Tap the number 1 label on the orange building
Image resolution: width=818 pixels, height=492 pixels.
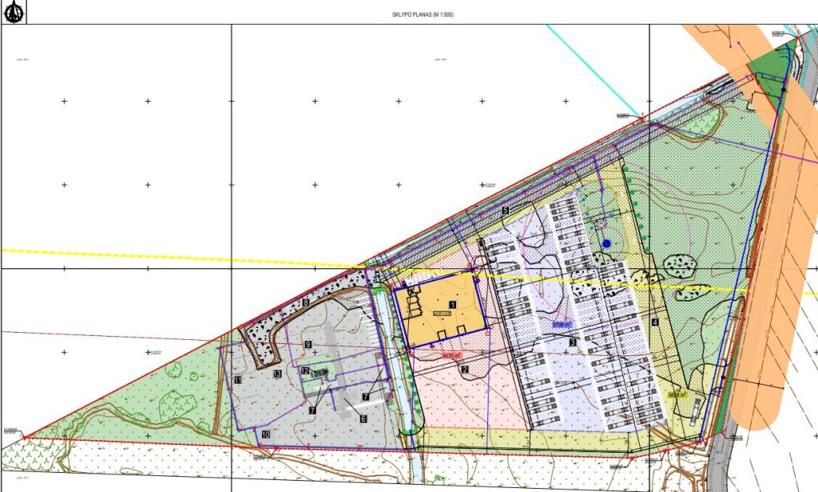coord(452,305)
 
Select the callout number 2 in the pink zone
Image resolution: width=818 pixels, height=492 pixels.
coord(464,370)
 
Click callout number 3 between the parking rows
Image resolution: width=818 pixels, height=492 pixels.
coord(572,342)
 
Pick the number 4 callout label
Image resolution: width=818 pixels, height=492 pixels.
coord(654,323)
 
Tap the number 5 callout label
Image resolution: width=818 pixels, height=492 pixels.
coord(505,210)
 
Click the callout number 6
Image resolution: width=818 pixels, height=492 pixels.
coord(363,418)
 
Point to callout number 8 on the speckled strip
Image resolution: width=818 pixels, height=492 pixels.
coord(305,302)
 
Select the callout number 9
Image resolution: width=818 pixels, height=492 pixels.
coord(308,345)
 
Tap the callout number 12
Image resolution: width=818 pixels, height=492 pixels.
coord(305,371)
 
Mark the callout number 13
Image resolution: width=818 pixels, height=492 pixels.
coord(277,374)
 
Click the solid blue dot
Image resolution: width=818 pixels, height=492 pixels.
coord(606,243)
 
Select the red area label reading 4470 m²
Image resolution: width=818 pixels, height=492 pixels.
coord(453,354)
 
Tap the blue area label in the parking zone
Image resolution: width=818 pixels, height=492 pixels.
coord(562,325)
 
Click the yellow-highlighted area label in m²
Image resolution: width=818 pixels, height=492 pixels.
coord(677,394)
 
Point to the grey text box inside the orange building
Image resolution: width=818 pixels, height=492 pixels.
coord(441,314)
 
